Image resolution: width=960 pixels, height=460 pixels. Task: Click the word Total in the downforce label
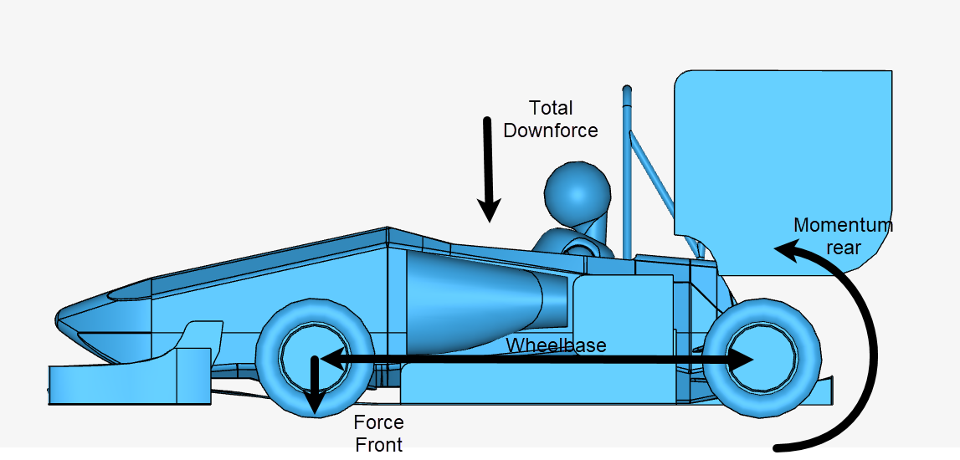551,108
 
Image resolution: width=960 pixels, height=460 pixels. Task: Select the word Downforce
551,130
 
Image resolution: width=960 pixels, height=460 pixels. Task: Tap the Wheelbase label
556,345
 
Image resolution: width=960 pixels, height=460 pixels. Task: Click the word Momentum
843,225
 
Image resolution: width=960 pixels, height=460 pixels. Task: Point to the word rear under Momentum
843,247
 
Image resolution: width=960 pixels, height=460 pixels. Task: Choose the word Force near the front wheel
378,422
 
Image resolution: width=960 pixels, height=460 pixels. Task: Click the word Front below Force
378,444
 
